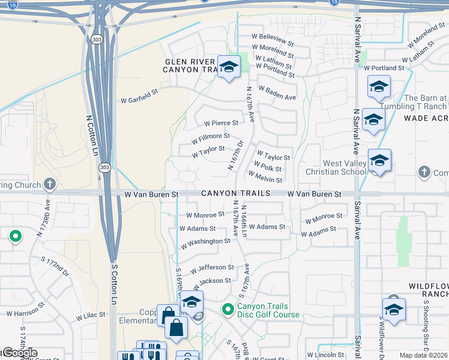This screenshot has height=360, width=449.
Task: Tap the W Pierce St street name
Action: click(221, 123)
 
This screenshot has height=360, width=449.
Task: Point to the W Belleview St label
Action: click(275, 40)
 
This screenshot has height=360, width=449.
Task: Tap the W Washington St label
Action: click(205, 241)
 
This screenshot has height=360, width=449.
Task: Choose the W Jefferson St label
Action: click(213, 267)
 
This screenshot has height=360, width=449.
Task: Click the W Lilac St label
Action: click(90, 314)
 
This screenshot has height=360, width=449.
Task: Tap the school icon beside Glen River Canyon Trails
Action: click(228, 67)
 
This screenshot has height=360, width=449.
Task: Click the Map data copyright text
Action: click(423, 355)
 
